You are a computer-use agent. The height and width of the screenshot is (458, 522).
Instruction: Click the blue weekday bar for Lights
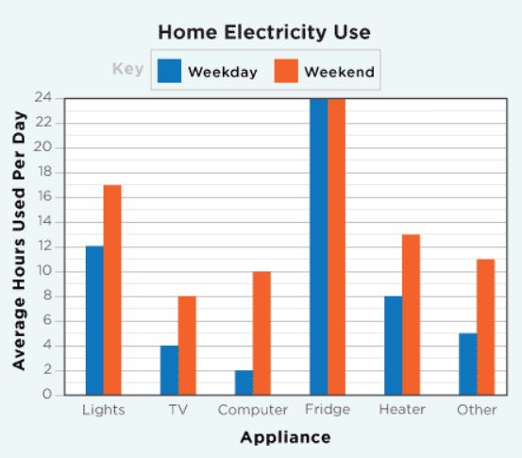point(94,320)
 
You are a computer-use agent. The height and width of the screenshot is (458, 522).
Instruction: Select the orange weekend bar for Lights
point(112,290)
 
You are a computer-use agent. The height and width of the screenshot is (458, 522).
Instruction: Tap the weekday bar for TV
point(169,370)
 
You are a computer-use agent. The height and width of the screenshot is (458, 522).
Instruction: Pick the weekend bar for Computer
point(261,333)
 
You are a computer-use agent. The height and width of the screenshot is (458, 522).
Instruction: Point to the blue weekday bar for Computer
point(244,382)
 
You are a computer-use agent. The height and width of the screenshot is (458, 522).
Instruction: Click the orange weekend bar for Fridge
point(336,246)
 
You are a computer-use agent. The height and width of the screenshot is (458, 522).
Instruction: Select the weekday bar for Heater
point(394,346)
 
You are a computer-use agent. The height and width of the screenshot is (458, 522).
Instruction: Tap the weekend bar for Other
point(486,327)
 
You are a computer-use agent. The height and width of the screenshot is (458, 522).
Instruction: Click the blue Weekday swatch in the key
point(170,71)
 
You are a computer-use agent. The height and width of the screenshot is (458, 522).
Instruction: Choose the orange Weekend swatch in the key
point(286,71)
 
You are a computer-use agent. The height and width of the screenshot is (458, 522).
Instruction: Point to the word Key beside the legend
point(128,69)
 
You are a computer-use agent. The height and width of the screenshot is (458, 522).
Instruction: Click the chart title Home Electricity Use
point(264,32)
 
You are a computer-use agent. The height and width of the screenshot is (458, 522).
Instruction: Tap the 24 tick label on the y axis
point(42,97)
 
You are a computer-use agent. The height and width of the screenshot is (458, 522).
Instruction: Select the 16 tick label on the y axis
point(44,196)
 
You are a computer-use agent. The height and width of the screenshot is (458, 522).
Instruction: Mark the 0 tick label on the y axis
point(47,395)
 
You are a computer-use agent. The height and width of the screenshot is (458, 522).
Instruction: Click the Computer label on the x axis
point(253,410)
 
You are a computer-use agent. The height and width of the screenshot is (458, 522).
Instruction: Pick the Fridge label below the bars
point(328,410)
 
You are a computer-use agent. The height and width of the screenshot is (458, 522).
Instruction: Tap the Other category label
point(477,410)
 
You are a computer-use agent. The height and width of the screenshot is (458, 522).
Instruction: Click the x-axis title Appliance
point(286,437)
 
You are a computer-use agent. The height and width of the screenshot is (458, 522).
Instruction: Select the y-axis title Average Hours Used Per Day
point(19,241)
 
